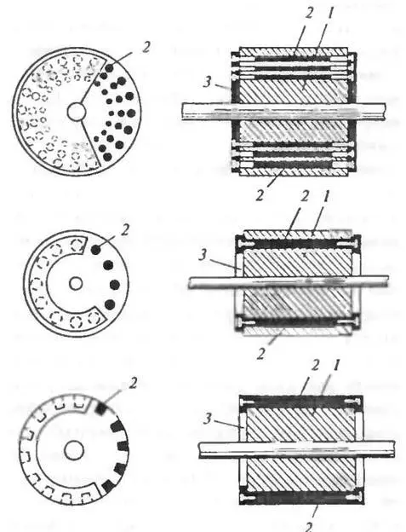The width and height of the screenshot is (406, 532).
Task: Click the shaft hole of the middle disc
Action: [x=76, y=283]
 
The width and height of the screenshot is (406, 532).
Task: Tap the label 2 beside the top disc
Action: [x=146, y=47]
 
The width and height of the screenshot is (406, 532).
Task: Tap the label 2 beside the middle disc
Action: [x=125, y=231]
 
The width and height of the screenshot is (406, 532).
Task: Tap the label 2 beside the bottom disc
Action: [x=134, y=383]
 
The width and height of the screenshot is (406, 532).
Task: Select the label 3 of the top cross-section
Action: [x=207, y=83]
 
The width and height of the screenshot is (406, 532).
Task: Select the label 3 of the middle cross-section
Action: [x=203, y=254]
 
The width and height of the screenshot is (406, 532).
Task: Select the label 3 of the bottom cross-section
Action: [x=207, y=419]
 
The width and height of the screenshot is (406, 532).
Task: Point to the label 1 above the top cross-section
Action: [x=330, y=14]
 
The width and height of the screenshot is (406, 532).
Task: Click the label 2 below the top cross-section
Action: [x=260, y=195]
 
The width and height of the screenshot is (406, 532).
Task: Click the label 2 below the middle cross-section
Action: [x=261, y=353]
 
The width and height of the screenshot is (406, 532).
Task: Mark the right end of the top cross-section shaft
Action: [x=386, y=112]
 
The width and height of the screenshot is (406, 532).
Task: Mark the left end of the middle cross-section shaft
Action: [x=189, y=283]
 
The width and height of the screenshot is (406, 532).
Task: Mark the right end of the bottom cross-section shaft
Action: [x=394, y=448]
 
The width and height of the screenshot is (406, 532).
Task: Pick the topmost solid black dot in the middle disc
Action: [x=96, y=249]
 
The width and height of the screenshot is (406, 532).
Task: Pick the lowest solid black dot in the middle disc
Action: [x=110, y=304]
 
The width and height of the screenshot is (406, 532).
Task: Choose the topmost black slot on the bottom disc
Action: [x=101, y=408]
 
